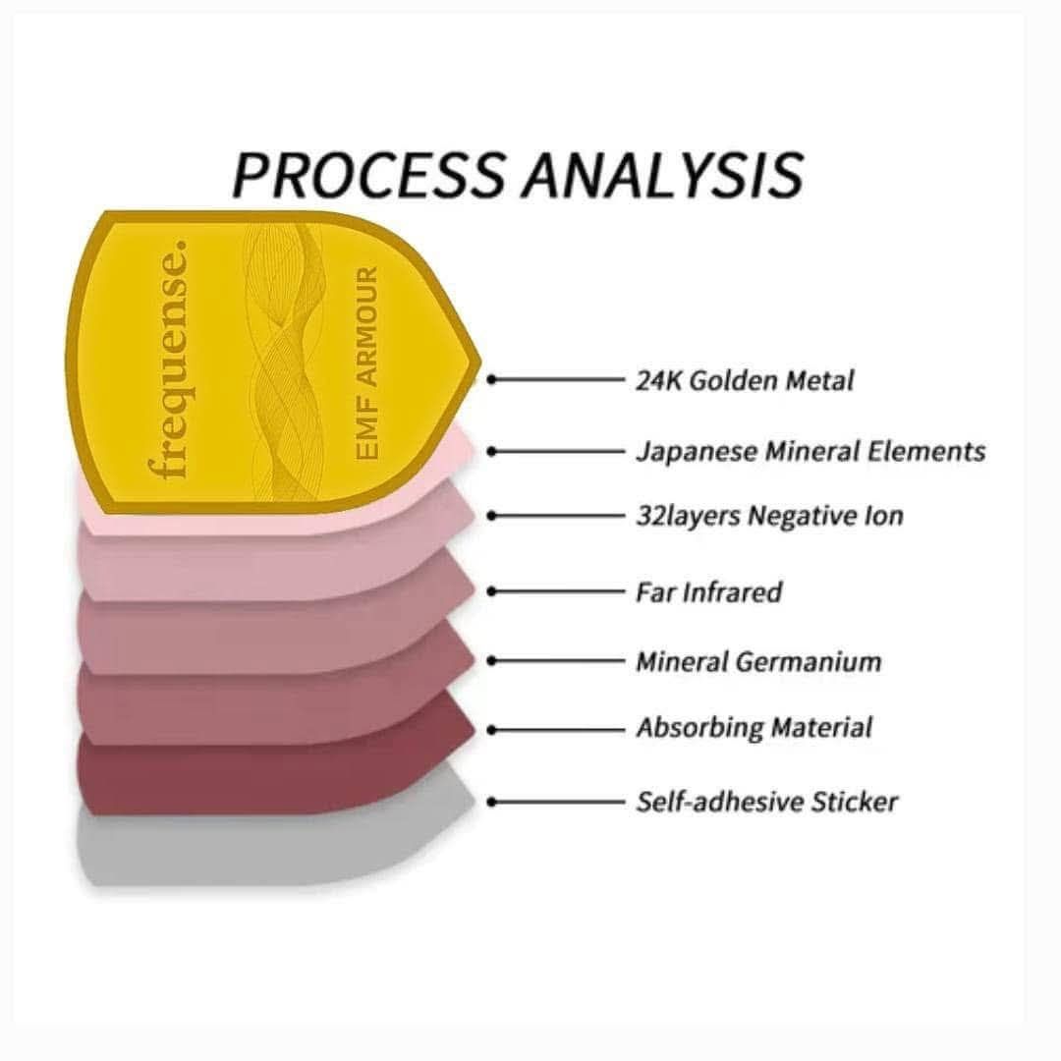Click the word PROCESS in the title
pos(368,175)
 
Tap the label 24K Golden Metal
pos(745,380)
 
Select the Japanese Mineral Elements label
pos(810,451)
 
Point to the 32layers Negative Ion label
pos(769,516)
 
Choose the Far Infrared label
pos(708,592)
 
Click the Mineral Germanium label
pos(758,661)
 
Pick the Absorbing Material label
pos(754,728)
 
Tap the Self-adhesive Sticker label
pos(766,802)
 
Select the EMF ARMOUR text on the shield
pos(366,363)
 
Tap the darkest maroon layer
pos(271,778)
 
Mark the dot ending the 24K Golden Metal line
pos(492,380)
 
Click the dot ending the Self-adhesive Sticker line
pos(492,802)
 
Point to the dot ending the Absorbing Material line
pos(492,730)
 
